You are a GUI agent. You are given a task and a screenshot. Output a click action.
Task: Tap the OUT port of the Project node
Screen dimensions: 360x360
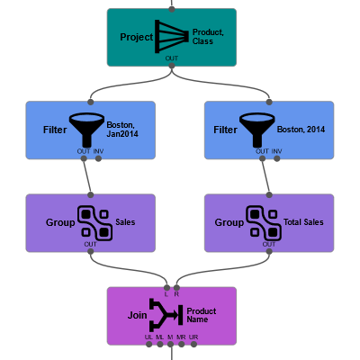[171, 67]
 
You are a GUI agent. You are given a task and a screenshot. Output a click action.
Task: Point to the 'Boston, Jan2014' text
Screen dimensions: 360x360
[125, 130]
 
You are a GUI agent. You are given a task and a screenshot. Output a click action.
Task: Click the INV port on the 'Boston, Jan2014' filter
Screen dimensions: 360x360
[99, 159]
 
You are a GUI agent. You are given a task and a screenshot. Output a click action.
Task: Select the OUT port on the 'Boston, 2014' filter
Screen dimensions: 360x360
[261, 159]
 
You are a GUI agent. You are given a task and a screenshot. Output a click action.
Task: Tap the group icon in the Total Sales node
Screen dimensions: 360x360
[264, 221]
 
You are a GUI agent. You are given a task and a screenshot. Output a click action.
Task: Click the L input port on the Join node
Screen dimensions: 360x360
[166, 286]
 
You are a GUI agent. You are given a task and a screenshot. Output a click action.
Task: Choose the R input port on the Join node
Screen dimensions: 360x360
[177, 286]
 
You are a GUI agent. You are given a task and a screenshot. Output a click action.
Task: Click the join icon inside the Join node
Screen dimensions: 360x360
[166, 315]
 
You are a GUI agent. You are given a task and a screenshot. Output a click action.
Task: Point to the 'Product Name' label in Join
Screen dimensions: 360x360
[201, 315]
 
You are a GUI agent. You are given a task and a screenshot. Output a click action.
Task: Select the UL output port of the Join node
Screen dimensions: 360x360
[148, 345]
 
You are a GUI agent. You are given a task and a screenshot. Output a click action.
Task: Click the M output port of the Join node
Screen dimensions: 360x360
[170, 345]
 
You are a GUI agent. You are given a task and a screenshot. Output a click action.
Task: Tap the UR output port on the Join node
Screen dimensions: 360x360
[193, 345]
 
